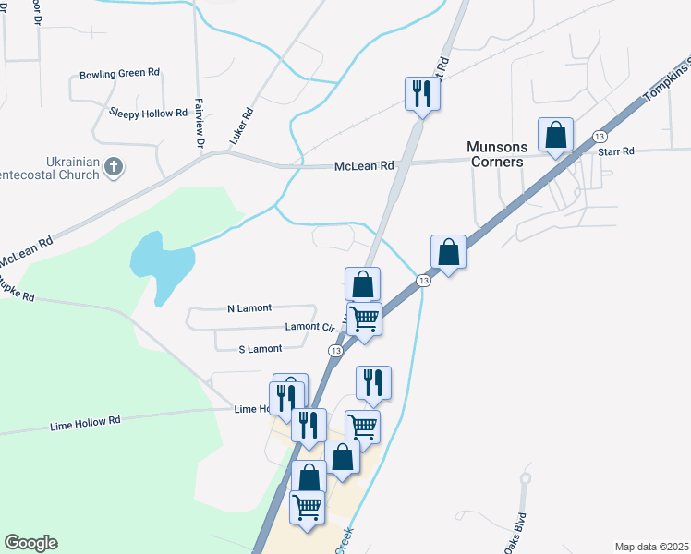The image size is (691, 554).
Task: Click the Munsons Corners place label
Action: tap(496, 154)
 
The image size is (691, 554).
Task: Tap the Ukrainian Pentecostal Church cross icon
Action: tap(114, 167)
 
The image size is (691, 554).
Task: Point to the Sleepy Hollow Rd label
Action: tap(148, 113)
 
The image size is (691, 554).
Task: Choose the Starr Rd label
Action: tap(616, 151)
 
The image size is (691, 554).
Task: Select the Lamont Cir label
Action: tap(309, 327)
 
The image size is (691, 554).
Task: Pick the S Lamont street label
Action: tap(260, 349)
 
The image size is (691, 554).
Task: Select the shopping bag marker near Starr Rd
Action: tap(556, 135)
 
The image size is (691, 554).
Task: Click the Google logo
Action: tap(30, 543)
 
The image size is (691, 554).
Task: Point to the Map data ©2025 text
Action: tap(651, 547)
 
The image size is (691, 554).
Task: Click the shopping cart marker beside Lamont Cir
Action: tap(365, 319)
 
